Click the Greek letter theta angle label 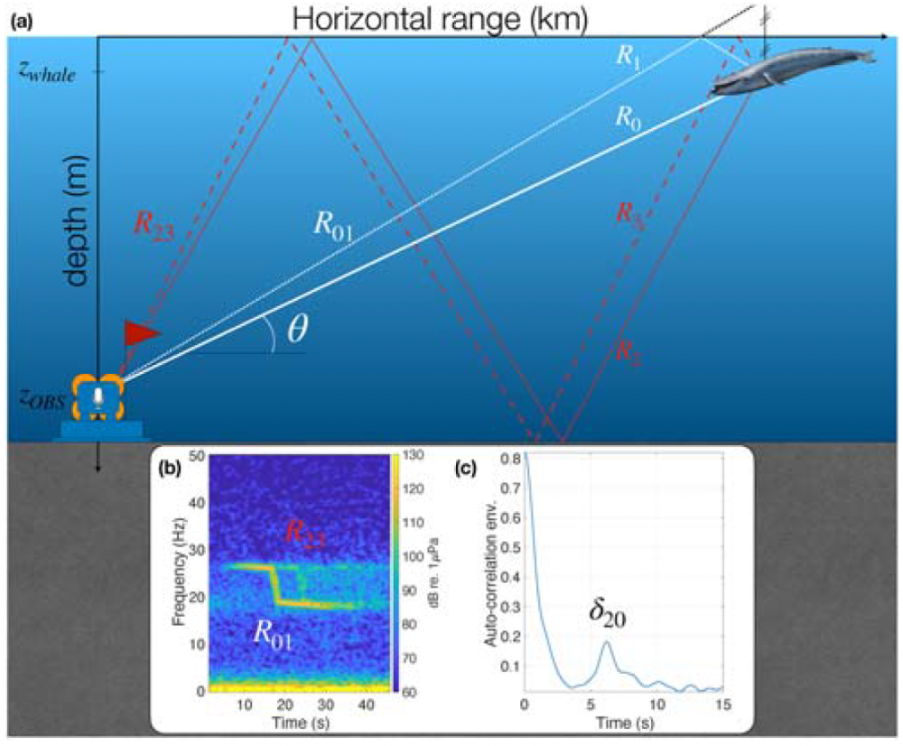point(297,330)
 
